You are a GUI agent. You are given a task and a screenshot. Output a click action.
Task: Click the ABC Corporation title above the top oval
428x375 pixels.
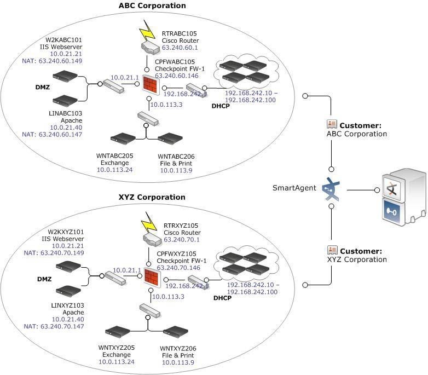click(x=152, y=5)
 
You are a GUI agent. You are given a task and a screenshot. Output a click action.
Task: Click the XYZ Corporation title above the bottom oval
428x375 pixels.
click(x=152, y=197)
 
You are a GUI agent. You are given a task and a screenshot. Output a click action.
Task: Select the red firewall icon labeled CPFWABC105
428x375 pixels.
click(x=151, y=85)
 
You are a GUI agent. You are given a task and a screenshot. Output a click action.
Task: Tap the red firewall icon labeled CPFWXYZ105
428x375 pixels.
click(x=152, y=278)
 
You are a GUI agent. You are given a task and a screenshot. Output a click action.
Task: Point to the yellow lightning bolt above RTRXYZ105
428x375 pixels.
click(x=149, y=222)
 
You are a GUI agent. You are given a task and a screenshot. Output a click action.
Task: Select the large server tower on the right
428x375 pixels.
click(x=404, y=197)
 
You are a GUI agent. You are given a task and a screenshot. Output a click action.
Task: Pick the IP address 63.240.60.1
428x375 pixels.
click(x=180, y=48)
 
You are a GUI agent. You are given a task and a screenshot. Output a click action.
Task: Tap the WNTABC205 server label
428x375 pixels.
click(x=114, y=156)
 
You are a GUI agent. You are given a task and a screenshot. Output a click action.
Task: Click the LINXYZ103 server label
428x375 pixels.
click(x=67, y=305)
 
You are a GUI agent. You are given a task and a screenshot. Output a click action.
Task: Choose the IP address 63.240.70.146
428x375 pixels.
click(x=178, y=268)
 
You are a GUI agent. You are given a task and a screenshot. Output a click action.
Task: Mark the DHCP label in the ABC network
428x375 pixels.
click(x=221, y=106)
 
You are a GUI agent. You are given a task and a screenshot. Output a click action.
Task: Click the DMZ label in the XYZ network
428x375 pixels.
click(x=44, y=279)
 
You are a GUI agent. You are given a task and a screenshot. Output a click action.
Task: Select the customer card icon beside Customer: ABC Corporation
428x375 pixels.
click(x=332, y=124)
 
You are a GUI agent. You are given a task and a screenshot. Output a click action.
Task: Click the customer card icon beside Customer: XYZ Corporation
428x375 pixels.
click(x=332, y=250)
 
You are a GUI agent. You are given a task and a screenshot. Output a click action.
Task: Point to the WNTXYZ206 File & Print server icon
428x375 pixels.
click(x=176, y=332)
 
